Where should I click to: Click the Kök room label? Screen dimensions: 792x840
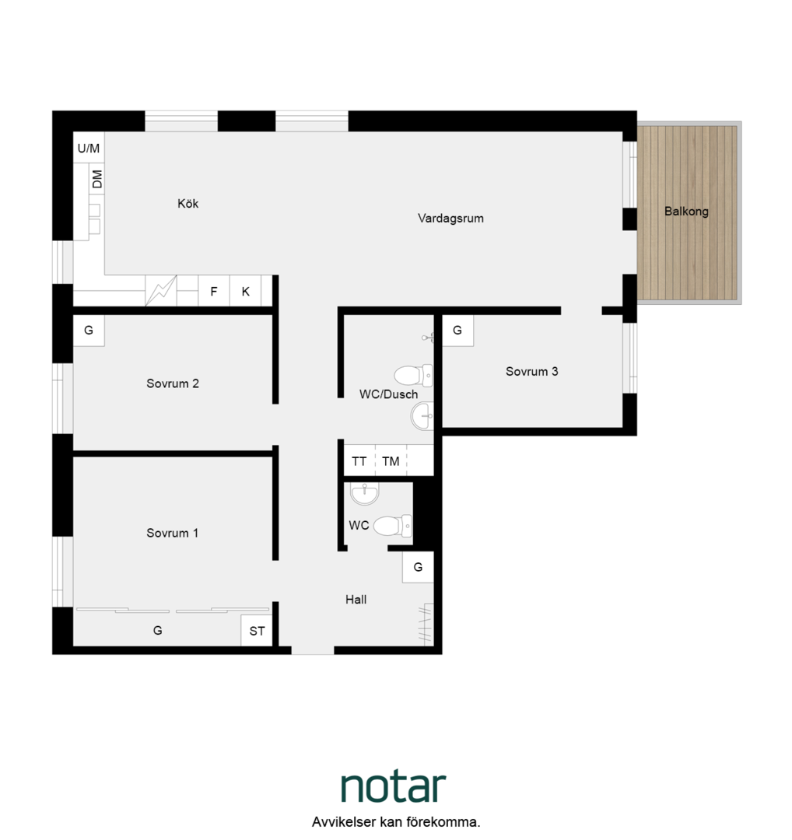(188, 204)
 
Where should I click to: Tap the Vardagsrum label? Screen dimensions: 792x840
(450, 219)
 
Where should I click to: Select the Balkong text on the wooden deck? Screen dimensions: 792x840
(686, 212)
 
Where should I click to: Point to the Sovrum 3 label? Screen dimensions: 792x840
(532, 371)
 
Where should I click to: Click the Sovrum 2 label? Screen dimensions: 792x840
(173, 383)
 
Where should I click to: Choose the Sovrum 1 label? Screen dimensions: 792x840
(173, 533)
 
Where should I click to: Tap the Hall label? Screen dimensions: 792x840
(356, 600)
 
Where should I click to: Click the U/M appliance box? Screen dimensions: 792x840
(89, 148)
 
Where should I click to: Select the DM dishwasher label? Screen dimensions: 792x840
(97, 180)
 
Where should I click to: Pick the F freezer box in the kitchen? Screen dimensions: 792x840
(214, 291)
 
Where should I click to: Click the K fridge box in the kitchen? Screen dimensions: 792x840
(245, 291)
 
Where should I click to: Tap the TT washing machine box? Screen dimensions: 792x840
(359, 460)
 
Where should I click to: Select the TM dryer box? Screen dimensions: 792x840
(391, 460)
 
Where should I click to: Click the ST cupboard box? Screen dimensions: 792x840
(258, 631)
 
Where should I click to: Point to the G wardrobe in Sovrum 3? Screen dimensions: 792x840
(457, 330)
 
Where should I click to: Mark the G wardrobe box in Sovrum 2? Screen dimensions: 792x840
(89, 330)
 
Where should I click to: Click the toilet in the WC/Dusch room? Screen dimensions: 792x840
(413, 376)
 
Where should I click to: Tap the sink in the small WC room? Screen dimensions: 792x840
(364, 493)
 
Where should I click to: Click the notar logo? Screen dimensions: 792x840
(394, 786)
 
